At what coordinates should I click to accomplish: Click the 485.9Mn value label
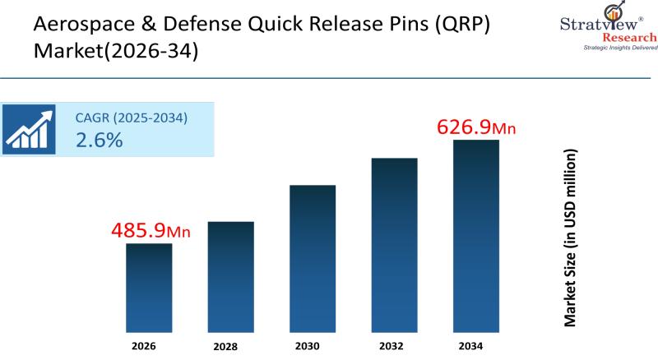tap(151, 231)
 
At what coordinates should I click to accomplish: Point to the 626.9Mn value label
tap(477, 127)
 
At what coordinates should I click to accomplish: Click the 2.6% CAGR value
tap(99, 140)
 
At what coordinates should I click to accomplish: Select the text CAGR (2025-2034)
tap(132, 118)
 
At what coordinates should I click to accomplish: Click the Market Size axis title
tap(569, 238)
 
